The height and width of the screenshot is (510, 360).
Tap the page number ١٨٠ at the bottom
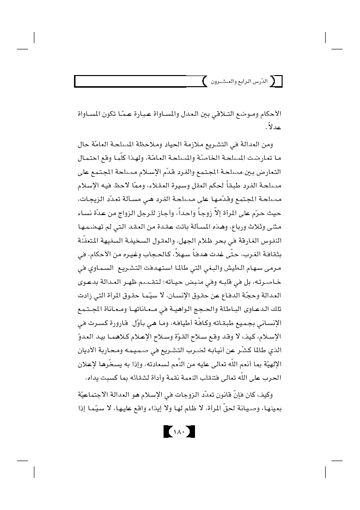tap(180, 430)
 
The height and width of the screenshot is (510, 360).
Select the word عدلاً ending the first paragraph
tap(275, 130)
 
